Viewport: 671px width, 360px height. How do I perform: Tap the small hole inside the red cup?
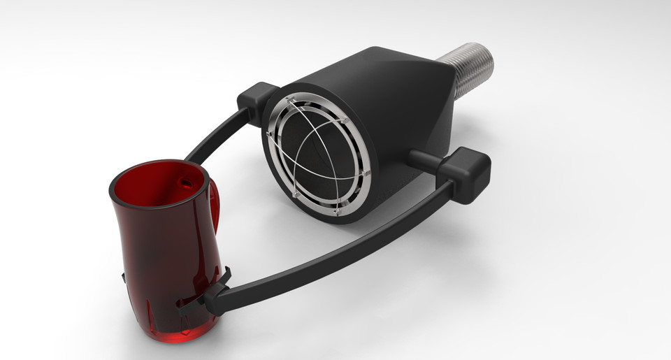pyautogui.click(x=185, y=182)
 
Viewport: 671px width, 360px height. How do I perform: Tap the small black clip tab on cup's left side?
pyautogui.click(x=124, y=278)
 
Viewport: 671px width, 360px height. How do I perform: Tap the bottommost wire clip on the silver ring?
pyautogui.click(x=336, y=210)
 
